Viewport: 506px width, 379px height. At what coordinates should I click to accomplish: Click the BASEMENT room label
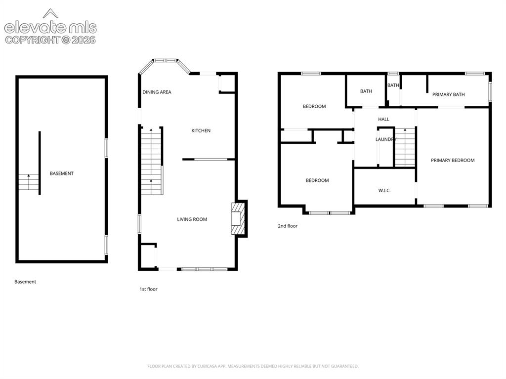[x=62, y=173]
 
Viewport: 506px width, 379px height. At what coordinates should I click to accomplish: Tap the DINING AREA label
[x=157, y=92]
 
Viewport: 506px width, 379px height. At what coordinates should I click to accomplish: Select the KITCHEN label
[x=201, y=130]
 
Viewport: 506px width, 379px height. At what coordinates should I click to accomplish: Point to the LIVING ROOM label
[x=192, y=219]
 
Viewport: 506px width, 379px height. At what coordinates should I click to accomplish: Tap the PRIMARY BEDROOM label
[x=453, y=160]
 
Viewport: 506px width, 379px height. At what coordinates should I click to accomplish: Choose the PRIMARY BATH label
[x=449, y=94]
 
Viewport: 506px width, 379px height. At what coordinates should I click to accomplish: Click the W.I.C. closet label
[x=384, y=190]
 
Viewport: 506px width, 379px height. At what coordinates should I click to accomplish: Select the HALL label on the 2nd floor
[x=383, y=119]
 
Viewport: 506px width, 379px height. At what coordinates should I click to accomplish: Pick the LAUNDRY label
[x=385, y=139]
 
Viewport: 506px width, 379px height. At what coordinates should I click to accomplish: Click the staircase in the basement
[x=28, y=182]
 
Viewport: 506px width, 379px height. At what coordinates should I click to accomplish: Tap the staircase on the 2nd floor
[x=405, y=147]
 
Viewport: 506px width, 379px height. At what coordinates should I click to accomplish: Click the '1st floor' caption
[x=148, y=289]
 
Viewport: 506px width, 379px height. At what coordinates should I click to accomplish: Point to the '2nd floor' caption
[x=288, y=226]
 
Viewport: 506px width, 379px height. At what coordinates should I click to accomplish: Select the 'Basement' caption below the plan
[x=25, y=282]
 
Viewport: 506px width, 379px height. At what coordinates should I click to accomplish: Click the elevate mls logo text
[x=50, y=28]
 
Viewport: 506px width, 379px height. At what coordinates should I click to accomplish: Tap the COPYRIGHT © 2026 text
[x=50, y=40]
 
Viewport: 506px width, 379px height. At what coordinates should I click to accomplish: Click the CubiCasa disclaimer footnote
[x=253, y=366]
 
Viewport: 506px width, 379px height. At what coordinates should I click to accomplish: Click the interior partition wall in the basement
[x=40, y=163]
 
